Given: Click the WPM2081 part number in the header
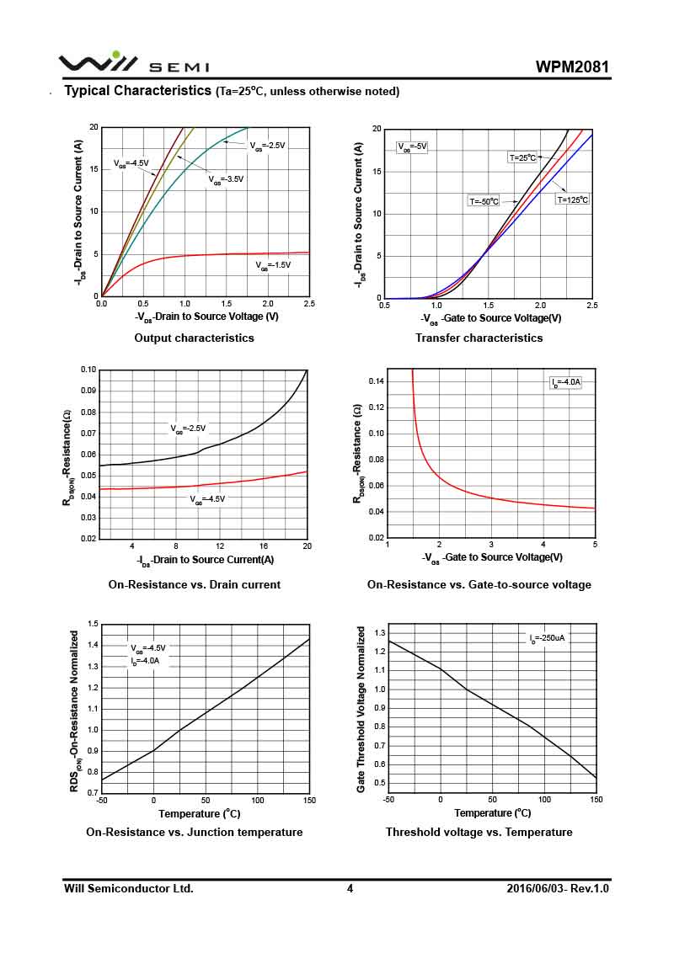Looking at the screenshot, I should tap(572, 67).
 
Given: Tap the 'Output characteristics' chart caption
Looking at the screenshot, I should tap(194, 338).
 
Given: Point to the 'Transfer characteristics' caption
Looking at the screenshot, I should tap(479, 338).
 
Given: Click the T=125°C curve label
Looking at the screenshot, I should tap(572, 200).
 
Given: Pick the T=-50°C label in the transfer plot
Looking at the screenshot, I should tap(484, 201).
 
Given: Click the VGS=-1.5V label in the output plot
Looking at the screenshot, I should tap(274, 265).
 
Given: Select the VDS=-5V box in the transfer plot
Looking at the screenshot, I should tap(412, 146).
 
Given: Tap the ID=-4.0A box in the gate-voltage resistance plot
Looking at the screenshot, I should tap(566, 383).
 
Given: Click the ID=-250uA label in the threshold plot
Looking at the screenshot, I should tap(547, 638).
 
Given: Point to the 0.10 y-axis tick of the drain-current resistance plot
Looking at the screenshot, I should tap(88, 370).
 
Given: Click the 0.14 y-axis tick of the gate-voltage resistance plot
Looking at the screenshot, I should tap(376, 381).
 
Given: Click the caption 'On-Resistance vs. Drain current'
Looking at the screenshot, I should tap(194, 584).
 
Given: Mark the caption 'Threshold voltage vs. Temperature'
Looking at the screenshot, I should tap(479, 832).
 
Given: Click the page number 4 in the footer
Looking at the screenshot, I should tap(350, 888).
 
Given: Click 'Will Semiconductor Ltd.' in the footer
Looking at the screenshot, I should tap(129, 888).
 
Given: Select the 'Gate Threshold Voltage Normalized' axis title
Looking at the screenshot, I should tap(361, 709).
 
